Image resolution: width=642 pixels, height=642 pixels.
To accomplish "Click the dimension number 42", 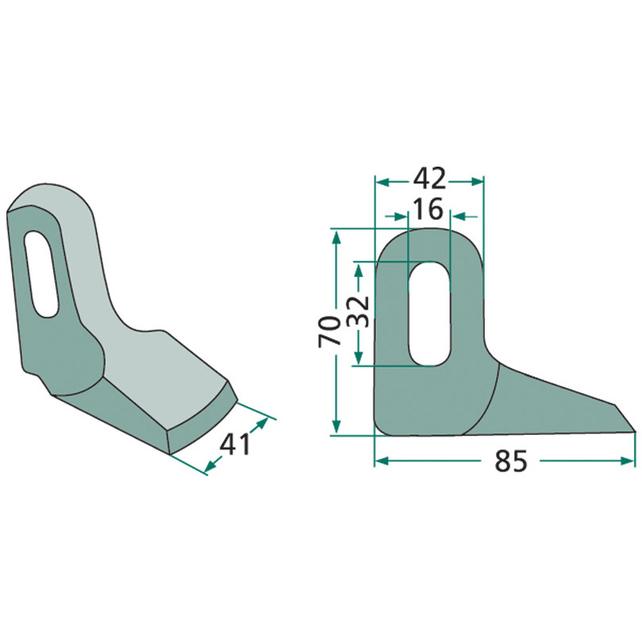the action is point(429,179).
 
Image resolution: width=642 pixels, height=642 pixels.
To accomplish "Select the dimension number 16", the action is point(429,209).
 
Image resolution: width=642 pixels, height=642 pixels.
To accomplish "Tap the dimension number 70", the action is point(330,331).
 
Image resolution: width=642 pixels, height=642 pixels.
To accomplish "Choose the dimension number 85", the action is point(511,461).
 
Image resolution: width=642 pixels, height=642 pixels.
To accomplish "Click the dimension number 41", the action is point(235,445).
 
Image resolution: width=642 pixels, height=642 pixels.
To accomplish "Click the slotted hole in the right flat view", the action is point(430,314).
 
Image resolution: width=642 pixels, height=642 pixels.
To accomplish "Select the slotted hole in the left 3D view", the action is point(40,274).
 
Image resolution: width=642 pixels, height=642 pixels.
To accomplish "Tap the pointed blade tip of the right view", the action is point(635,432).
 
